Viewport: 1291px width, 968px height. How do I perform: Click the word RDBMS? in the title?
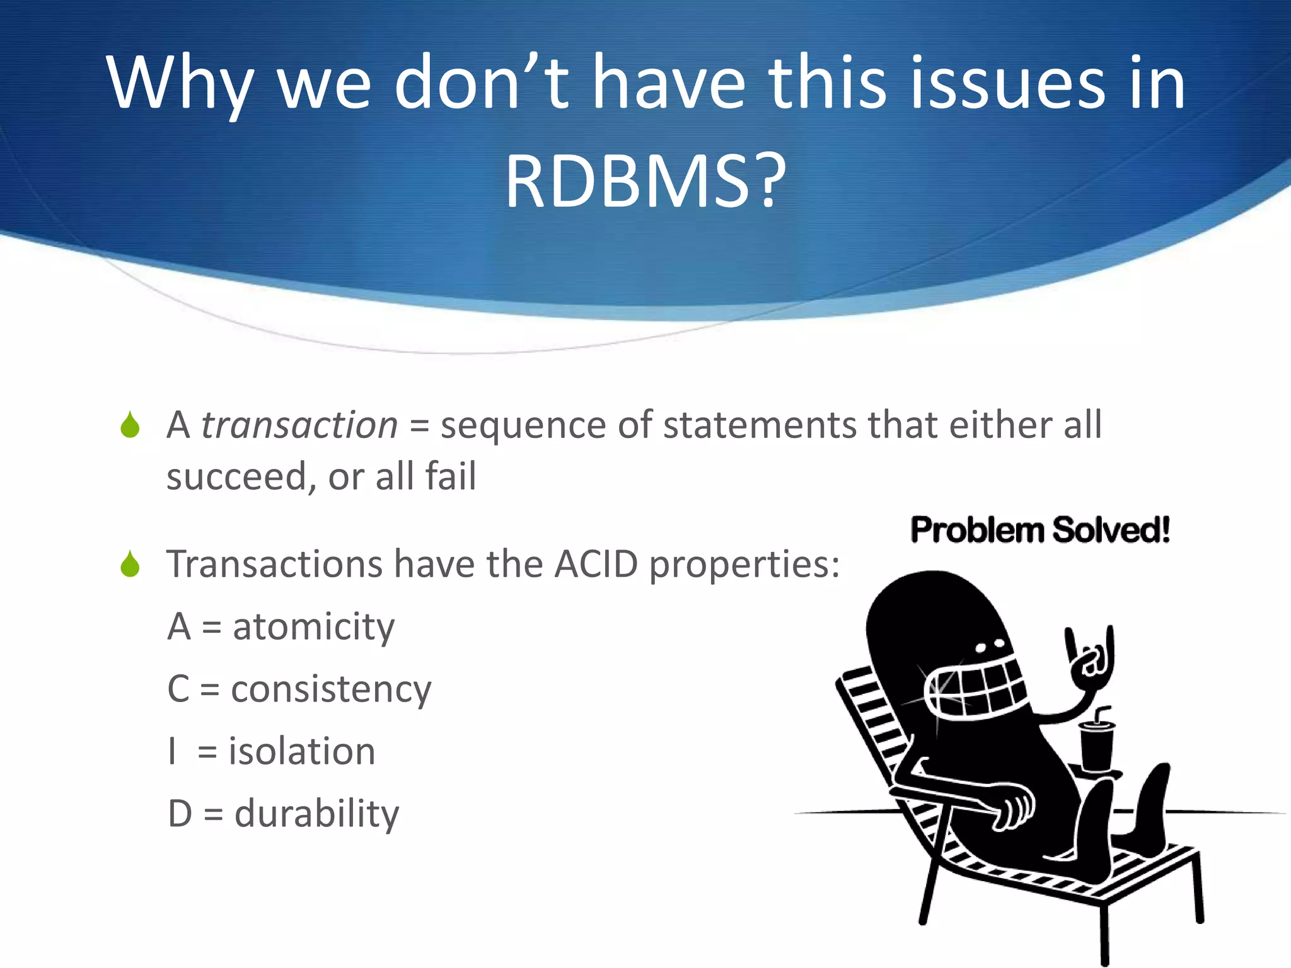tap(645, 183)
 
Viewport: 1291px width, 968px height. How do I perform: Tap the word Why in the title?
tap(180, 85)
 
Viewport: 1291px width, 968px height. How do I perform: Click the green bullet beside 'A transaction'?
tap(130, 425)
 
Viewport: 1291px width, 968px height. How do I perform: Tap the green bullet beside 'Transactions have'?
tap(130, 564)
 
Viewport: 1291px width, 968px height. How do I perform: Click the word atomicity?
tap(313, 628)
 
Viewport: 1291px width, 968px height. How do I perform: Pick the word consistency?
tap(331, 689)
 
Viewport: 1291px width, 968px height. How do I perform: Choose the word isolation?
tap(302, 752)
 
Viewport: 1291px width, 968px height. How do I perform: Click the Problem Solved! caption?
tap(1040, 530)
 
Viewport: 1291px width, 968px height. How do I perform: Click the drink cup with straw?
tap(1097, 744)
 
